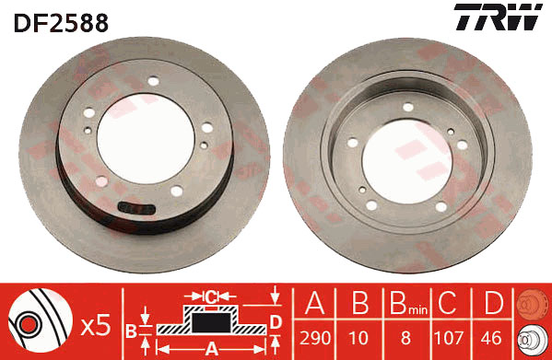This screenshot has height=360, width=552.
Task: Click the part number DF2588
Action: point(61,23)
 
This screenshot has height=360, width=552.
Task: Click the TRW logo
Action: point(498,17)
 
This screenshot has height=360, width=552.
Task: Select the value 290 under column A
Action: point(315,338)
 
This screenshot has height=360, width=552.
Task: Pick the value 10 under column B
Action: point(358,338)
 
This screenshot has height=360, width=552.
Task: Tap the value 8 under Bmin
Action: point(405,338)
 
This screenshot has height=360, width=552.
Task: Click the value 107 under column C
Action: point(449,338)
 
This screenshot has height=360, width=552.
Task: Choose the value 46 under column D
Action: point(491,338)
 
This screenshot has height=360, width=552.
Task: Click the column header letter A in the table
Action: point(315,303)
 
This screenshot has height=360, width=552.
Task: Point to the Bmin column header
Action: point(408,303)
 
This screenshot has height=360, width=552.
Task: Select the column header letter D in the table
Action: point(493,303)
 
